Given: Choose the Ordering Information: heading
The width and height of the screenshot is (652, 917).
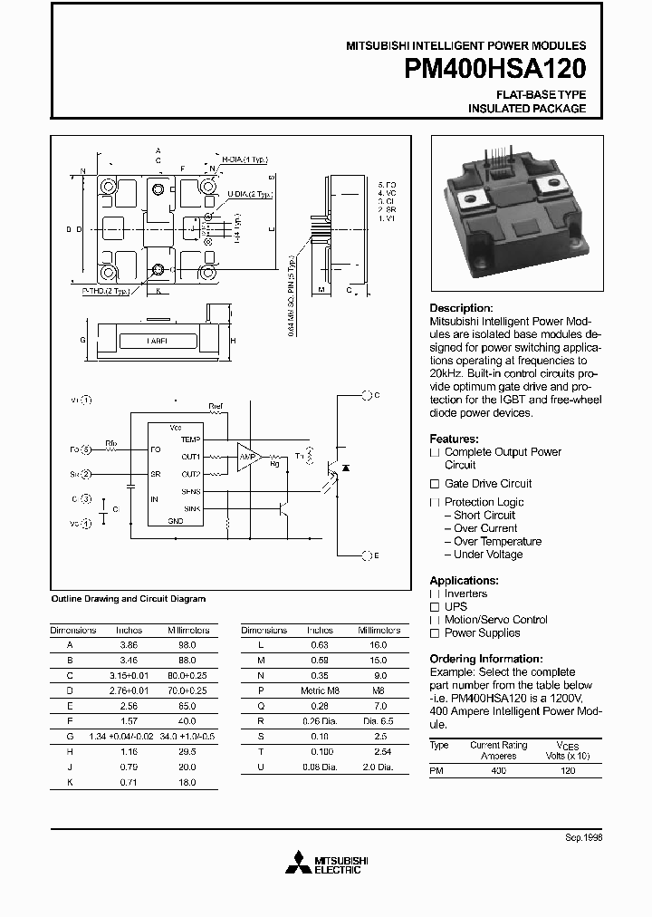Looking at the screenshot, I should click(485, 659).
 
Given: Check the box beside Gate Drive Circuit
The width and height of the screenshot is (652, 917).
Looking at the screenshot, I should click(435, 484).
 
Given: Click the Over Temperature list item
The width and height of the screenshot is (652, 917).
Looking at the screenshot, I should click(497, 541).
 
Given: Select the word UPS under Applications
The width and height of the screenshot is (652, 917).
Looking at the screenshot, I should click(455, 607).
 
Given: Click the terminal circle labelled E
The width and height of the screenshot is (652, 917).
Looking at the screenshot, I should click(367, 555).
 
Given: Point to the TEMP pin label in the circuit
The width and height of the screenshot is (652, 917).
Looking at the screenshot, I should click(190, 439).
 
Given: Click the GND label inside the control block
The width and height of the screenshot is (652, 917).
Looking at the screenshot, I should click(177, 521).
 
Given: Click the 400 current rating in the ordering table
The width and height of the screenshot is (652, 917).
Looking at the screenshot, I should click(498, 769).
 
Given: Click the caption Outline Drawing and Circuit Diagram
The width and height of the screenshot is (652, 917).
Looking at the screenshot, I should click(129, 599).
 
